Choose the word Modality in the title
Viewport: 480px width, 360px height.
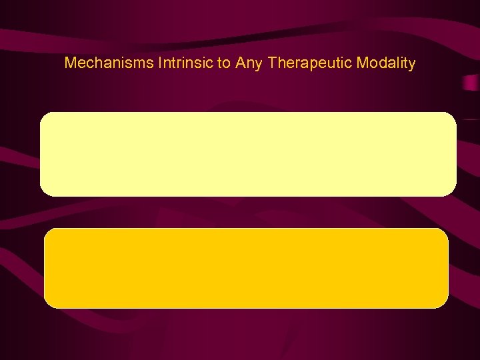[387, 64]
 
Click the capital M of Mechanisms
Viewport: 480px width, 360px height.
[70, 63]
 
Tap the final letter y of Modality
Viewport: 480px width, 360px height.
[412, 65]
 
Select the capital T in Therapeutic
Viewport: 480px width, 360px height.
[271, 63]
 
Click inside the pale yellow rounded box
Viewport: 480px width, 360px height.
[248, 154]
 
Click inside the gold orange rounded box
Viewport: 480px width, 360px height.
[246, 268]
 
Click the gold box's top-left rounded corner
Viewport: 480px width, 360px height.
[47, 232]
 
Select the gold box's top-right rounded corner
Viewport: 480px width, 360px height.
[445, 232]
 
